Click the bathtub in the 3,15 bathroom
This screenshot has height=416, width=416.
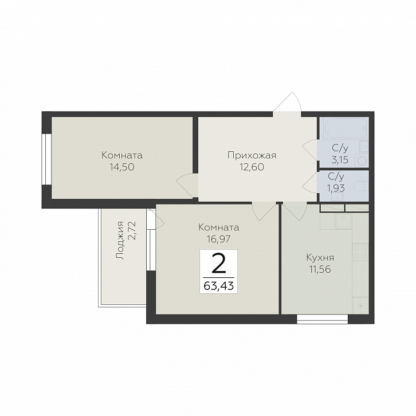click(x=344, y=128)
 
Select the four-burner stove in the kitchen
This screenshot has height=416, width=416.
click(x=360, y=252)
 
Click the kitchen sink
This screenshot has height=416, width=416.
click(x=344, y=221)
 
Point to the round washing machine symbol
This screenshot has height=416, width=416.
click(x=362, y=160)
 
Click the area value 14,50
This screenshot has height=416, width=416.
click(x=122, y=167)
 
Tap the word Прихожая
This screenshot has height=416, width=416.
click(x=252, y=155)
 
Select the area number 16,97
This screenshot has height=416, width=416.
click(x=219, y=240)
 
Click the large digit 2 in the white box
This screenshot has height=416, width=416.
click(x=219, y=263)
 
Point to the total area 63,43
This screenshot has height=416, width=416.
click(x=219, y=286)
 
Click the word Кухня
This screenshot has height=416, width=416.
click(x=320, y=258)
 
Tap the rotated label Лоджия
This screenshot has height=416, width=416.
click(x=120, y=240)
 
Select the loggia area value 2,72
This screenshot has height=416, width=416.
click(x=132, y=230)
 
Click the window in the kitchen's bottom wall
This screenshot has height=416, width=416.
click(x=322, y=319)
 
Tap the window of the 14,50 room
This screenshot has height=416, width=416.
click(x=46, y=159)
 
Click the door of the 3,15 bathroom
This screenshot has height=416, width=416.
click(x=310, y=150)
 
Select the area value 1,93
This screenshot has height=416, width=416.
click(x=336, y=188)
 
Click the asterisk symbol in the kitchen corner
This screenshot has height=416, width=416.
click(x=360, y=305)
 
